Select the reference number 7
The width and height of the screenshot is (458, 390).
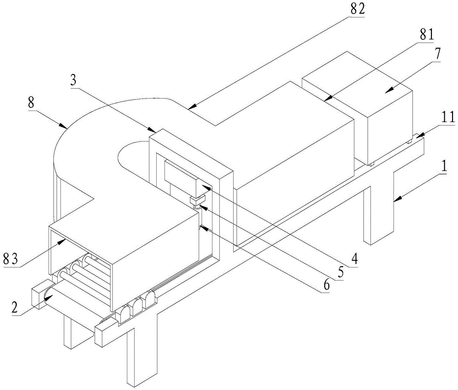click(438, 53)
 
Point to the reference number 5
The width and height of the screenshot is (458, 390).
click(339, 272)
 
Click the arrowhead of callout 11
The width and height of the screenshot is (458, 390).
click(416, 136)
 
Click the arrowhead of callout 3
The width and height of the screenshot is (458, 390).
click(153, 132)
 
